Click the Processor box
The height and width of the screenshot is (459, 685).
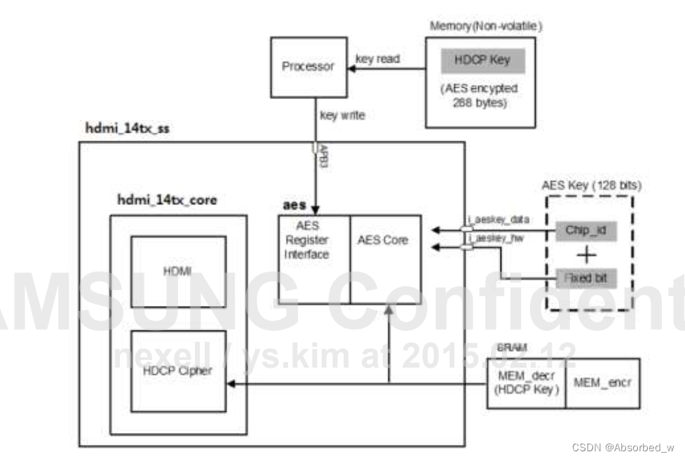point(308,67)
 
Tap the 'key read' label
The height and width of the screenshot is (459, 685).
point(378,59)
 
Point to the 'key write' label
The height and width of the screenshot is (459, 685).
point(342,114)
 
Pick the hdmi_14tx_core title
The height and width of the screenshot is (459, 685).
point(166,200)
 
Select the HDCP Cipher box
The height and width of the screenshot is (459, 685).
point(179,370)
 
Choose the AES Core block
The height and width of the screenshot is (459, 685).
point(385,241)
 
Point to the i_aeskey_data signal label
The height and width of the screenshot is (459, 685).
point(494,220)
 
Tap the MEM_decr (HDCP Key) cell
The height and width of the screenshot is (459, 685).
point(526,383)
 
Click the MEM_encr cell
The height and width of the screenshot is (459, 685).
point(602,383)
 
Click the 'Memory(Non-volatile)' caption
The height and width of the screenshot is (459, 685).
point(486,26)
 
